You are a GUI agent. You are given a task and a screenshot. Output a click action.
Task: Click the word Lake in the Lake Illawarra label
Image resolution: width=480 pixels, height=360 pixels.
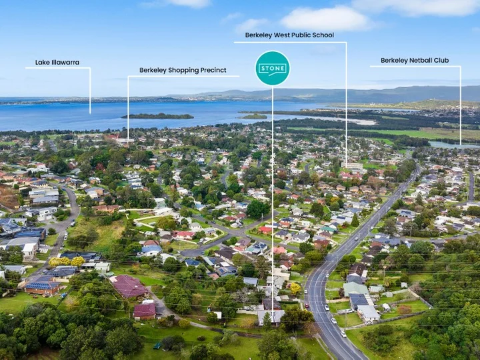point(41,63)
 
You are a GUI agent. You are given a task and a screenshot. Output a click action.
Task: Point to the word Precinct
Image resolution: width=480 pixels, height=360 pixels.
point(213,70)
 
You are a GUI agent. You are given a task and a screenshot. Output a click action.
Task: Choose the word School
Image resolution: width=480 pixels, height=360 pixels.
point(323,35)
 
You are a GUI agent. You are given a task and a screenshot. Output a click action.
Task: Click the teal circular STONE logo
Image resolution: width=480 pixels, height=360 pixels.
point(273,68)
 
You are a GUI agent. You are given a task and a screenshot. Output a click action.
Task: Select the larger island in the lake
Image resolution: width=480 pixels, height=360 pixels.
point(157,116)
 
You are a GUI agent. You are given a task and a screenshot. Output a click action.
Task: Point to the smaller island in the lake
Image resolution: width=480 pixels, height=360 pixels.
point(253,116)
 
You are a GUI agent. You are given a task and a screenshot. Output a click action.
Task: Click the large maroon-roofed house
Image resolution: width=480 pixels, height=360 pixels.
point(129,287)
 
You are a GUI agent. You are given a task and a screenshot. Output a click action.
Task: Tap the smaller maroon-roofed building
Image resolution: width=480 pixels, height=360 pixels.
point(145,311)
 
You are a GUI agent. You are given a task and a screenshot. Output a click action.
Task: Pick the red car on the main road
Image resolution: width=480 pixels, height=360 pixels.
point(307,306)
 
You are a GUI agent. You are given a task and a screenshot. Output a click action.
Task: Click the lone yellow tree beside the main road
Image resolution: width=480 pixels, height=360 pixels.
point(295,289)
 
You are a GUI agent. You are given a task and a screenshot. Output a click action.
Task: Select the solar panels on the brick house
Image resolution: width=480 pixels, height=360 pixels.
point(42,286)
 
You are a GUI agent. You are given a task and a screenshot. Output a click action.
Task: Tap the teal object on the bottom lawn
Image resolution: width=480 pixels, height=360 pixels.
point(157,346)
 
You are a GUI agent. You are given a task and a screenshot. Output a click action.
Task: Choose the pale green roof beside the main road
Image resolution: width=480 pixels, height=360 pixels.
point(355,289)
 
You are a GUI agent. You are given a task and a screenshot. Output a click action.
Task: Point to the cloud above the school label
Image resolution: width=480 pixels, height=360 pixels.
point(325,19)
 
